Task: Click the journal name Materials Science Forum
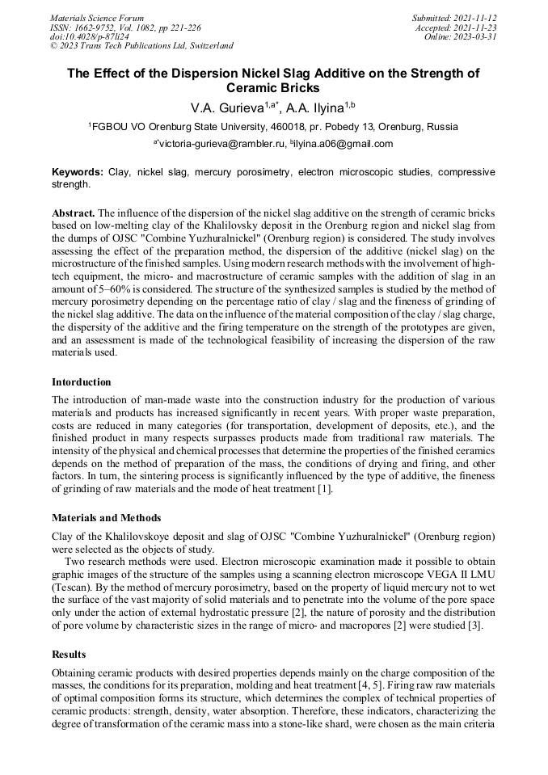[x=97, y=18]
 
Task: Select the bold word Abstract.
[x=73, y=213]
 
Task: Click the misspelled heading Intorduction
[x=82, y=382]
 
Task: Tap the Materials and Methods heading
[x=106, y=517]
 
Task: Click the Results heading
[x=70, y=653]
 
